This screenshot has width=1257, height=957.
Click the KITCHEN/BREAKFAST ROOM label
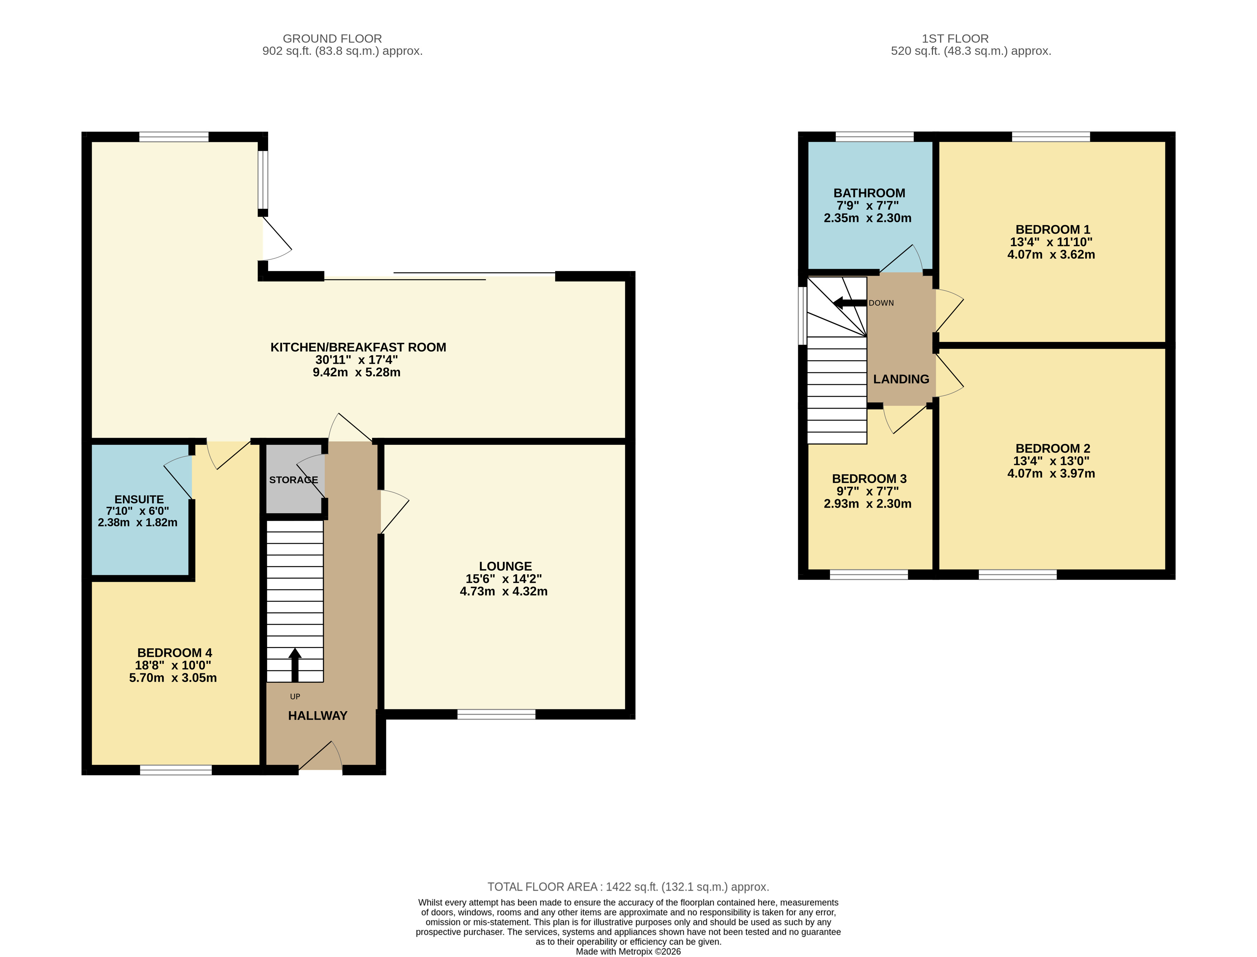[x=358, y=347]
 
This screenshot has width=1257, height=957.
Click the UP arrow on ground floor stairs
[x=295, y=664]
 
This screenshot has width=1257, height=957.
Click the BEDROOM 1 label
[x=1053, y=229]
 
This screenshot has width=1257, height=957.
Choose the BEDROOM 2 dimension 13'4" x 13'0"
[x=1051, y=461]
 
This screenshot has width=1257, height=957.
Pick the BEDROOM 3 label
[x=869, y=478]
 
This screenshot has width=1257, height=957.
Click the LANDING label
[x=901, y=379]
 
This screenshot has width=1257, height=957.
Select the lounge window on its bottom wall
[x=496, y=714]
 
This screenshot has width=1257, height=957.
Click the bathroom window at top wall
[x=874, y=137]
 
